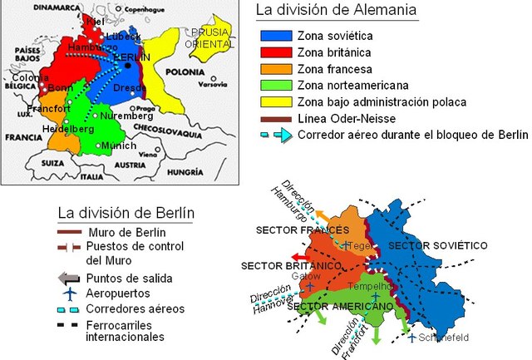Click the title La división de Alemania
point(336,12)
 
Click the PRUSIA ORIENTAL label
point(208,38)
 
